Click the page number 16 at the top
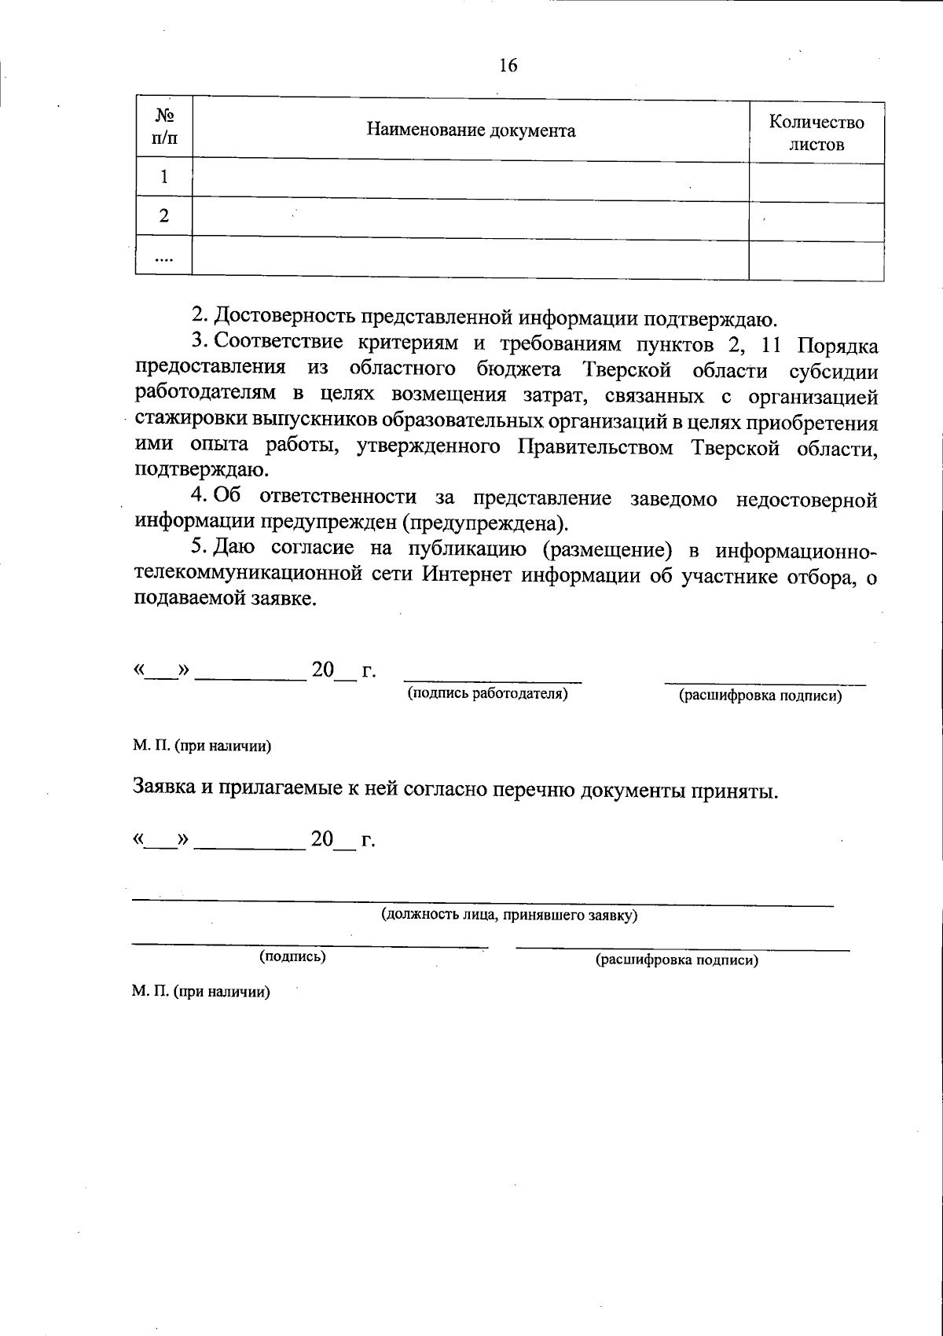[508, 65]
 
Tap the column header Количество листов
[816, 133]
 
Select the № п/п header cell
[163, 127]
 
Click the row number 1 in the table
[163, 178]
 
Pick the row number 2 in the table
[163, 216]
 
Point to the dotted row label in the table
[163, 256]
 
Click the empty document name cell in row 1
[470, 181]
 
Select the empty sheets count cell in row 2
[816, 221]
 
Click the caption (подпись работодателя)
[487, 695]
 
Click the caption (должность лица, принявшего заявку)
[508, 916]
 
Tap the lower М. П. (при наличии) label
[201, 992]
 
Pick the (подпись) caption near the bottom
[292, 957]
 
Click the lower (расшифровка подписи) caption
[677, 960]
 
